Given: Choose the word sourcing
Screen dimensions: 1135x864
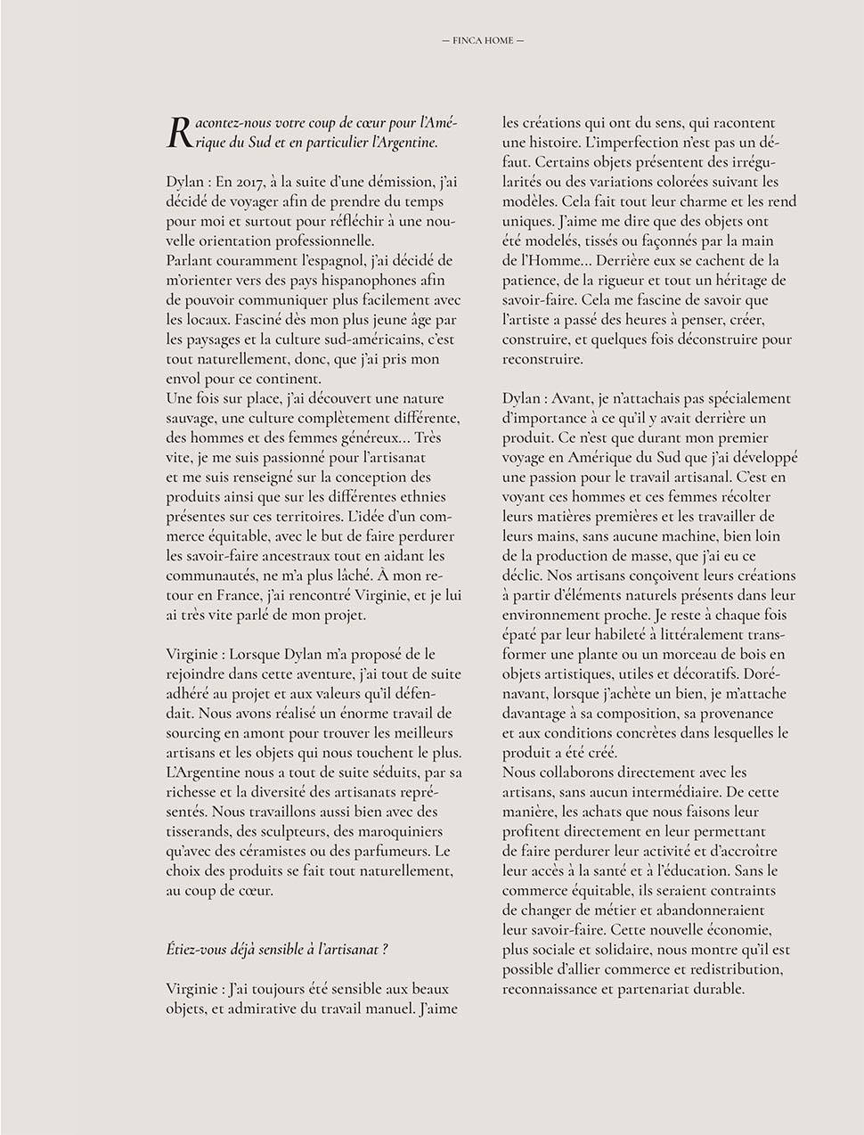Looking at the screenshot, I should pos(193,732).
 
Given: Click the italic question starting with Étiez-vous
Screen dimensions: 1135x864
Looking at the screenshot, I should pos(277,949).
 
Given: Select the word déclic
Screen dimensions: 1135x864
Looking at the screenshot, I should pos(520,576).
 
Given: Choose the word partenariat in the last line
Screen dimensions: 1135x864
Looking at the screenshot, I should pos(660,988).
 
